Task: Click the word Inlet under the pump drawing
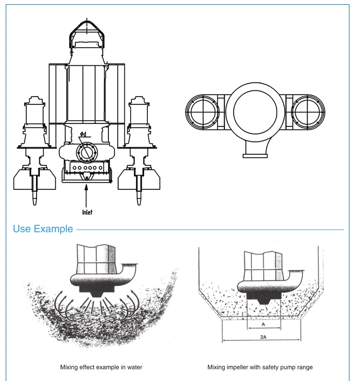coord(87,211)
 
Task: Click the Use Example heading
coord(43,229)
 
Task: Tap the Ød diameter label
coord(83,134)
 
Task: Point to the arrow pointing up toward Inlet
coord(87,195)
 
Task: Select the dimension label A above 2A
coord(262,324)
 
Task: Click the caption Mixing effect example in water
coord(101,367)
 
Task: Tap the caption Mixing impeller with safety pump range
coord(260,367)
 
